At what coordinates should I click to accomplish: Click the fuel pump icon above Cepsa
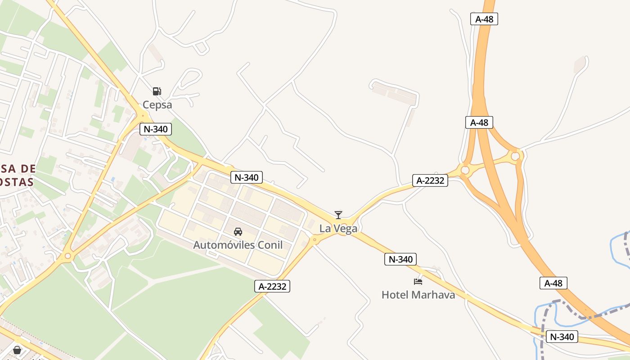157,91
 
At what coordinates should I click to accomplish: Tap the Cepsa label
157,105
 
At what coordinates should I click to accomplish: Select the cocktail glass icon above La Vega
338,215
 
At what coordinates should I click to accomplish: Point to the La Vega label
338,229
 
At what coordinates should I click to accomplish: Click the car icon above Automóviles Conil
238,232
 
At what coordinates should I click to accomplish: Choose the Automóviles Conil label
238,245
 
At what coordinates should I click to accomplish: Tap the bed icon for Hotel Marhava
418,282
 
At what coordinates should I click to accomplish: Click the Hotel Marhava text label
418,295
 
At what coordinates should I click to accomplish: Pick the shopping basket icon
17,350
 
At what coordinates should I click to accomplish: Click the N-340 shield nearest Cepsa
156,129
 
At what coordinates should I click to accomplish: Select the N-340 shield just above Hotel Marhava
400,259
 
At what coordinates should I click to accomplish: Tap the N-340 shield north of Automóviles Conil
246,177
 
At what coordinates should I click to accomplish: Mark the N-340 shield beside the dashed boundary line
562,337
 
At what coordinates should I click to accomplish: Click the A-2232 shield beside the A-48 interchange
430,180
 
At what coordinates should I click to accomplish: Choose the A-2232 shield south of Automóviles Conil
272,286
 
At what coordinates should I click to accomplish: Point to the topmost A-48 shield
484,19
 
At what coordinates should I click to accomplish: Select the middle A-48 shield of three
479,122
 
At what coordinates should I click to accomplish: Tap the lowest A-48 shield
553,283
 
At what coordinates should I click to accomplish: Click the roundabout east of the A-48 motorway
515,156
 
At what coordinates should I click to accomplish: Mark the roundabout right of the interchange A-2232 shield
465,171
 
